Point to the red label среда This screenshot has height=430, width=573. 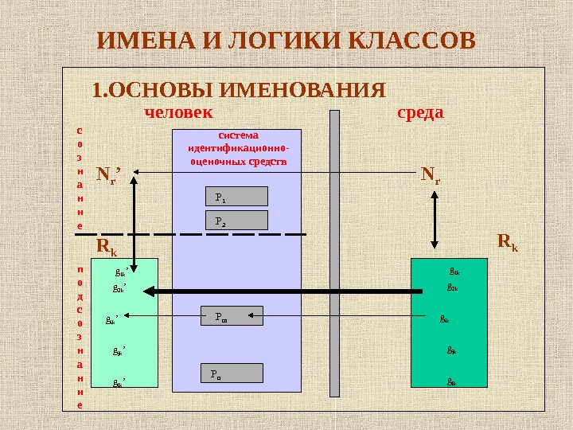(419, 112)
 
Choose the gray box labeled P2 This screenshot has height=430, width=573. (236, 221)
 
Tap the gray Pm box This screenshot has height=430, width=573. (232, 316)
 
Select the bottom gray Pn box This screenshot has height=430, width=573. (232, 373)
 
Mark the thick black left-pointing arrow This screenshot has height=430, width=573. (286, 292)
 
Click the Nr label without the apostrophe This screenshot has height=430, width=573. (431, 172)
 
